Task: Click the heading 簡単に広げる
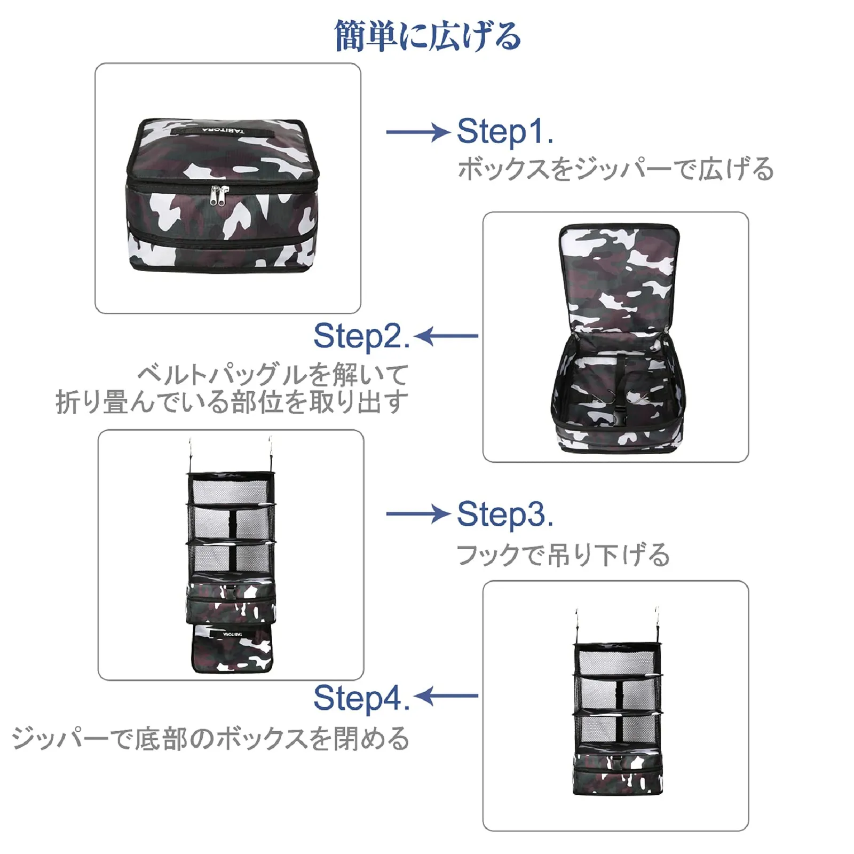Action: click(427, 36)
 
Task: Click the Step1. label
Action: click(504, 131)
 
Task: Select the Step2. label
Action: click(361, 336)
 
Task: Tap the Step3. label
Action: click(504, 515)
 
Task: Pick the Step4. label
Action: click(361, 698)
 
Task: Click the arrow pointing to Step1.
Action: click(418, 132)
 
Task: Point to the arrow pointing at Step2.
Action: click(446, 336)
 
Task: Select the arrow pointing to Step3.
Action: click(418, 514)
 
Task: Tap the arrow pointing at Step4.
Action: click(446, 696)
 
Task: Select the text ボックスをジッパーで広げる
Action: click(615, 169)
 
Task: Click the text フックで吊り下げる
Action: click(563, 555)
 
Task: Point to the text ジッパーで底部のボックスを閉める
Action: click(211, 739)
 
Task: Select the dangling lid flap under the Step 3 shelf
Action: click(232, 647)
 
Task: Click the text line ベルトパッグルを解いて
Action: click(273, 375)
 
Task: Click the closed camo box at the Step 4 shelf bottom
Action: click(618, 769)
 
